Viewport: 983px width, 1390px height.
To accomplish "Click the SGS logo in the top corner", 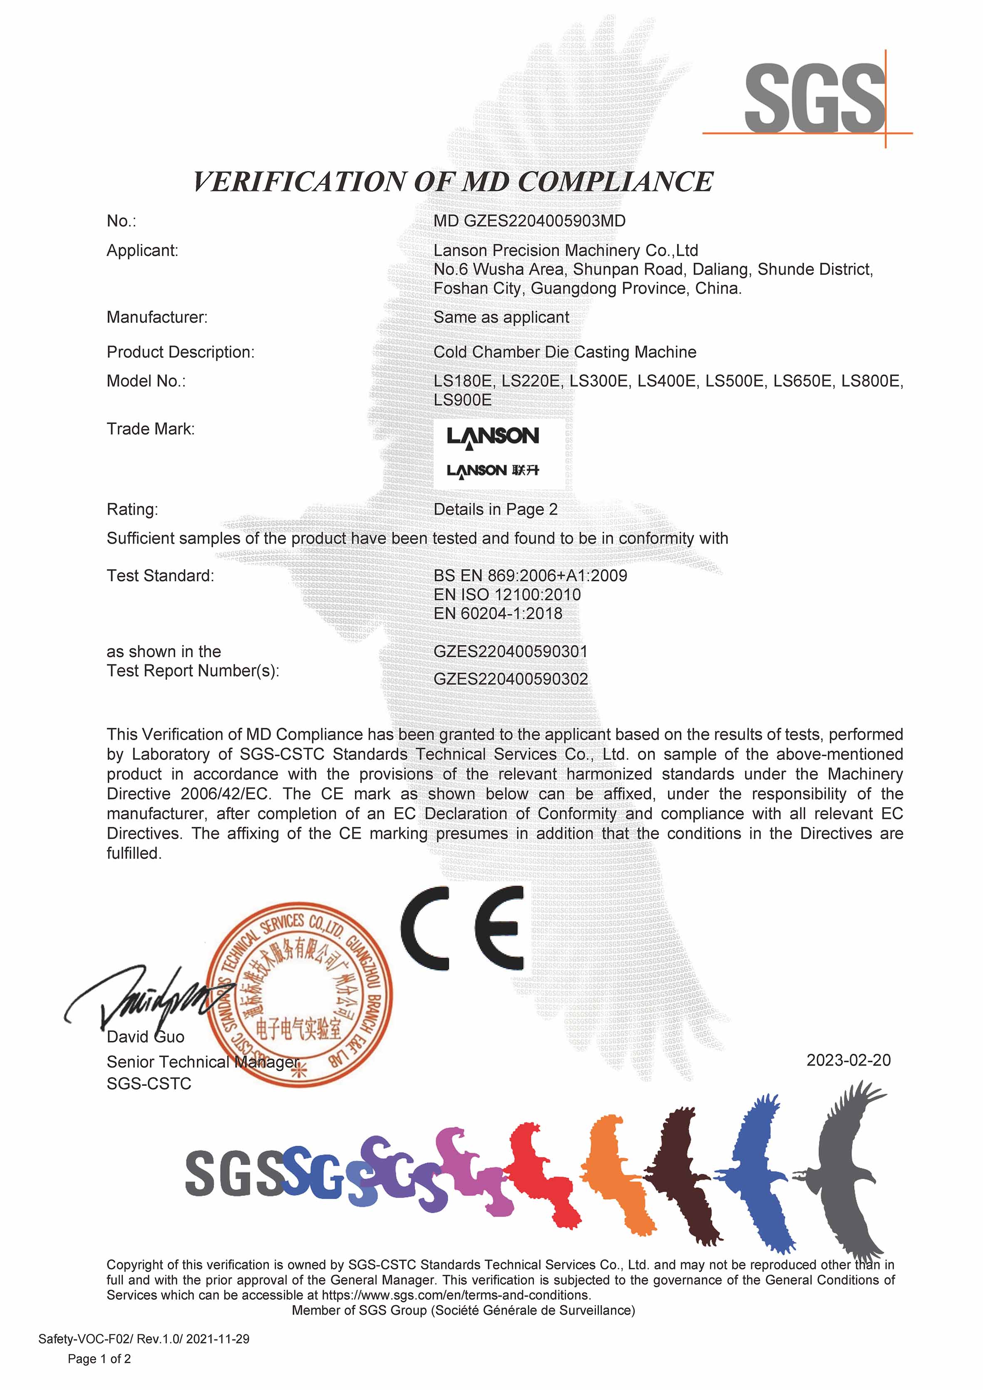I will coord(814,100).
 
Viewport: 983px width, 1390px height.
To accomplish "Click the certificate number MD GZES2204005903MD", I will coord(529,221).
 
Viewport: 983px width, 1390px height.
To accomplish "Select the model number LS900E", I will coord(462,400).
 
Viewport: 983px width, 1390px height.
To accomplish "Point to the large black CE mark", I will coord(462,928).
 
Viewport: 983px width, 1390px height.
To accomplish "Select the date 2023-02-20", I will coord(848,1060).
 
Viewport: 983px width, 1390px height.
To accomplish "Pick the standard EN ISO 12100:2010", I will coord(507,595).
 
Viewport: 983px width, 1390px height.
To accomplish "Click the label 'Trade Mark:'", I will coord(151,429).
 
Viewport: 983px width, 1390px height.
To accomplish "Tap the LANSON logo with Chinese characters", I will coord(492,471).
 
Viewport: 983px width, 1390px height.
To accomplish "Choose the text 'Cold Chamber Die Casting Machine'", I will coord(564,352).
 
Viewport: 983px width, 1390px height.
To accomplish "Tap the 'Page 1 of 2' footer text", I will coord(99,1359).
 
